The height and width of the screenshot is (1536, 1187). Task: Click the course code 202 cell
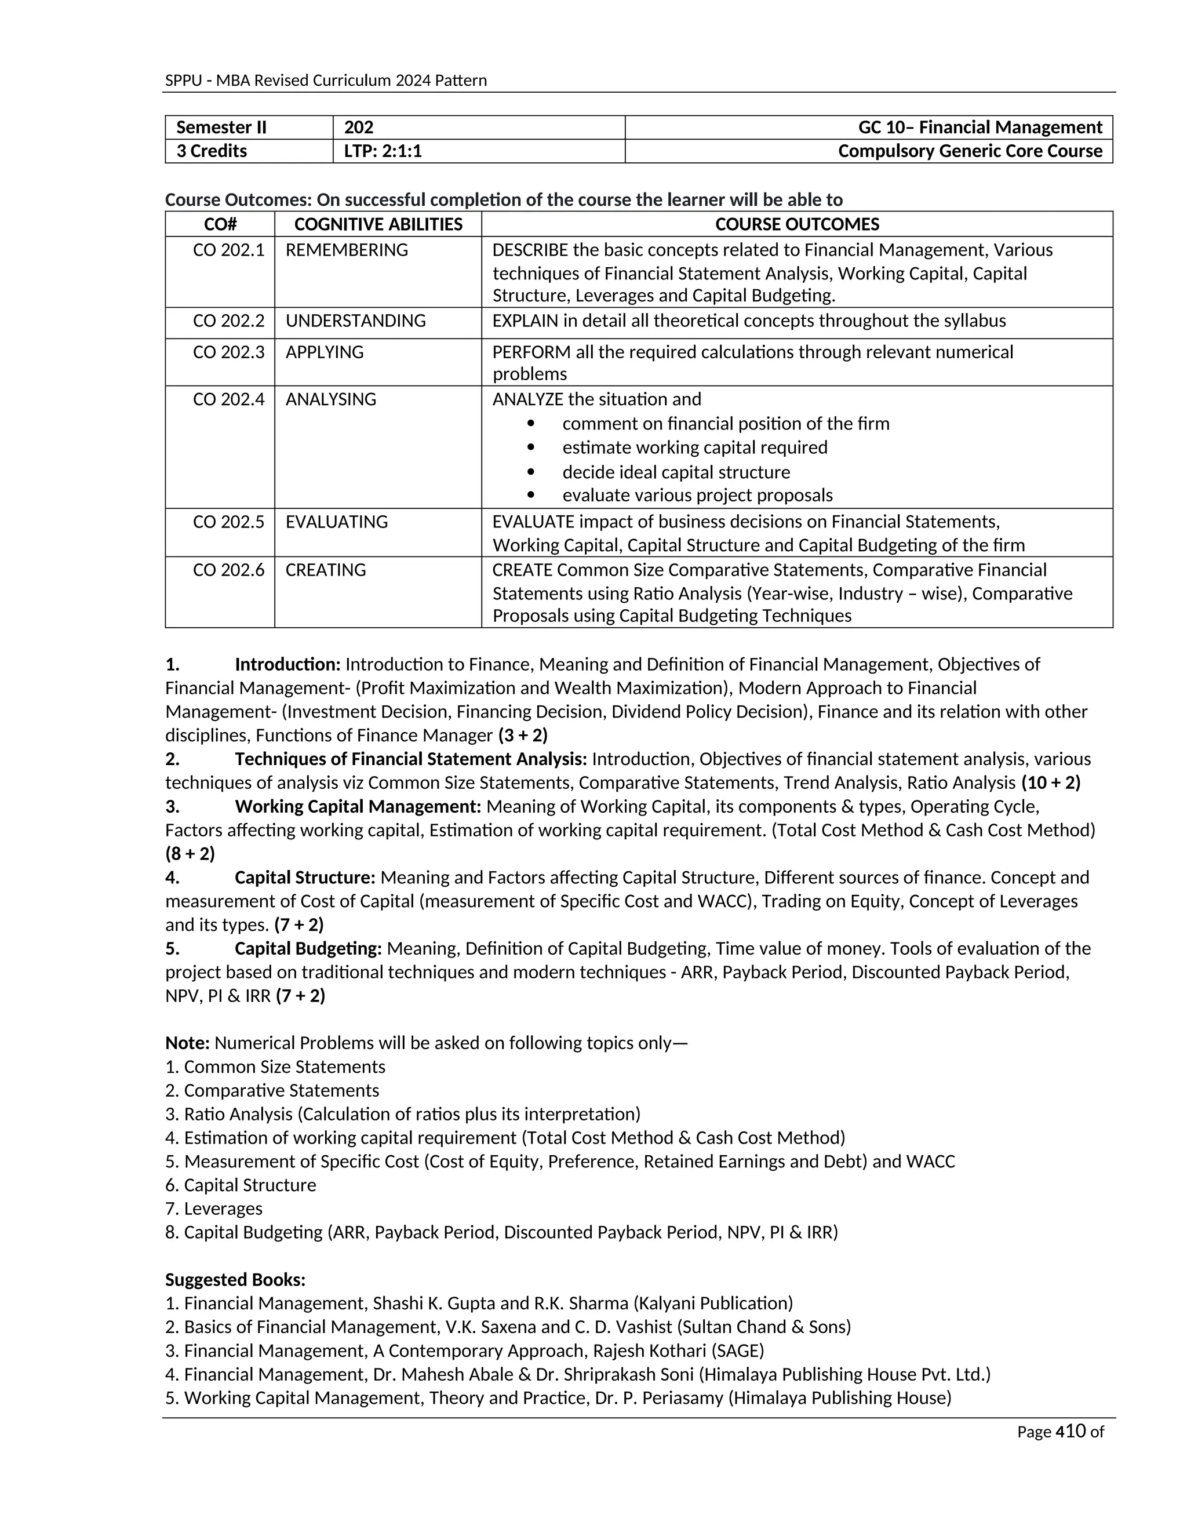tap(359, 128)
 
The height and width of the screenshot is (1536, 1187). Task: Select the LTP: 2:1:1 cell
tap(383, 151)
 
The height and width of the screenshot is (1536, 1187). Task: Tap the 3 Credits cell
tap(212, 151)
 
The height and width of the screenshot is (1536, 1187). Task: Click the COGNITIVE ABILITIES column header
tap(378, 224)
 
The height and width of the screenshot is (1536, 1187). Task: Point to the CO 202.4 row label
tap(228, 399)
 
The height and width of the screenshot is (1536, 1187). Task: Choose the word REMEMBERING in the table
tap(347, 250)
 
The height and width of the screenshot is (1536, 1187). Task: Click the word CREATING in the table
tap(326, 570)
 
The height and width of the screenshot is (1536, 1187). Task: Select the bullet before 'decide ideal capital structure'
tap(531, 472)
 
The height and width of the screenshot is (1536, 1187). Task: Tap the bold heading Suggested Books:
tap(235, 1279)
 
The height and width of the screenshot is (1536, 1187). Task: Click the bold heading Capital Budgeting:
tap(308, 949)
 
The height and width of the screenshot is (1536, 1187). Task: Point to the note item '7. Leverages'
tap(214, 1209)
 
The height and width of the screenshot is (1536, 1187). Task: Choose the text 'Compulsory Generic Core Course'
tap(970, 151)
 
